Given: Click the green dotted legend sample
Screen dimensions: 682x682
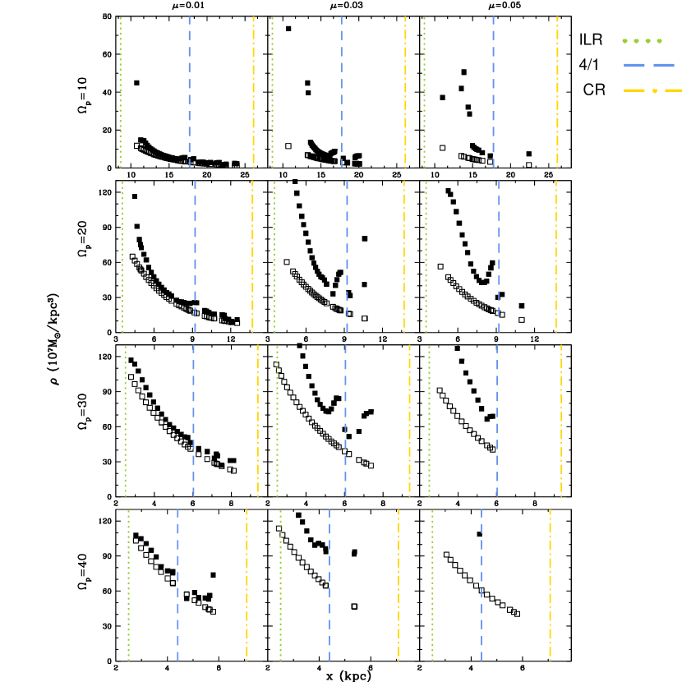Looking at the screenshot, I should pyautogui.click(x=642, y=40).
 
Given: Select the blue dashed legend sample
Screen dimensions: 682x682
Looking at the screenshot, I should pyautogui.click(x=649, y=65).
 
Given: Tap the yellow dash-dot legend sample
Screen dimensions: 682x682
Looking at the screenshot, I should pyautogui.click(x=652, y=90).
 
